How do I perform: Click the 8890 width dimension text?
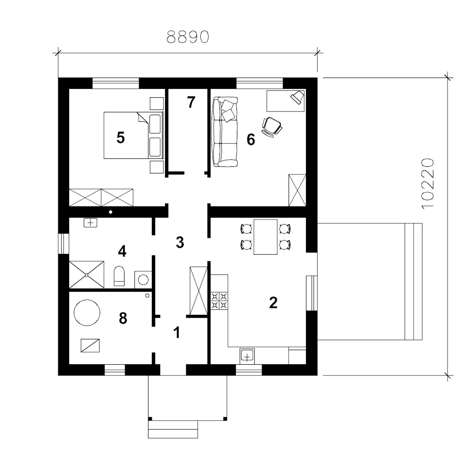click(188, 37)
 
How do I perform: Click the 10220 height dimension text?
click(427, 184)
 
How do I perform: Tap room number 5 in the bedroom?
click(120, 138)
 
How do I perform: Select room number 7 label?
click(191, 102)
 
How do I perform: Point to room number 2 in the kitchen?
click(273, 303)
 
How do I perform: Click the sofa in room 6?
click(225, 132)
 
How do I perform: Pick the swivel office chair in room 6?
click(272, 126)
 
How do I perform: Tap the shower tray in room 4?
click(86, 274)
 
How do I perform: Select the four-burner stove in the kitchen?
click(219, 301)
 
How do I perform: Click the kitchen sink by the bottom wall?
click(247, 356)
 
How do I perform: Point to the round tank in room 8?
click(87, 313)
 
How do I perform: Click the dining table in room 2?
click(265, 237)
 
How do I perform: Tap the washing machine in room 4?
click(143, 280)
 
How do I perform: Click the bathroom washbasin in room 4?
click(91, 223)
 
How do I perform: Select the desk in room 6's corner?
click(286, 101)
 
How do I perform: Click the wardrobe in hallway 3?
click(198, 290)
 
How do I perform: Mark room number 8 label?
click(123, 318)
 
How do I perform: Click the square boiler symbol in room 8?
click(90, 345)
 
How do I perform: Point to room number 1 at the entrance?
click(177, 333)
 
